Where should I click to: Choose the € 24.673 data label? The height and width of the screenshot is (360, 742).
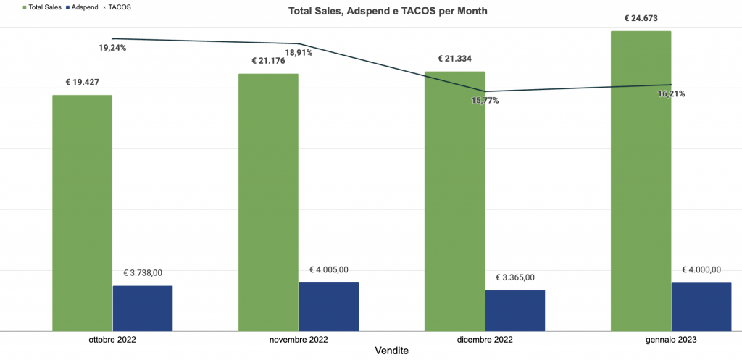641,18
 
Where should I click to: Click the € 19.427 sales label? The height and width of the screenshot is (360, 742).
82,83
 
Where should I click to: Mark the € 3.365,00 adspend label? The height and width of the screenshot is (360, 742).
514,277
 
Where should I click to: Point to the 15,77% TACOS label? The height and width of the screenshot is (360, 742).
485,101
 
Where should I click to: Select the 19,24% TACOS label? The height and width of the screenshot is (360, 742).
112,49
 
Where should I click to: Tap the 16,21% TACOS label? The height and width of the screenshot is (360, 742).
671,94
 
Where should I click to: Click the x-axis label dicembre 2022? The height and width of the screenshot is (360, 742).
485,340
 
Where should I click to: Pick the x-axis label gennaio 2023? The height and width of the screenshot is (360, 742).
671,340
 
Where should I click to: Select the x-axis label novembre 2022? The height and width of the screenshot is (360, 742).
299,340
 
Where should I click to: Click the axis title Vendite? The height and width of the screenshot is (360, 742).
391,351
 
